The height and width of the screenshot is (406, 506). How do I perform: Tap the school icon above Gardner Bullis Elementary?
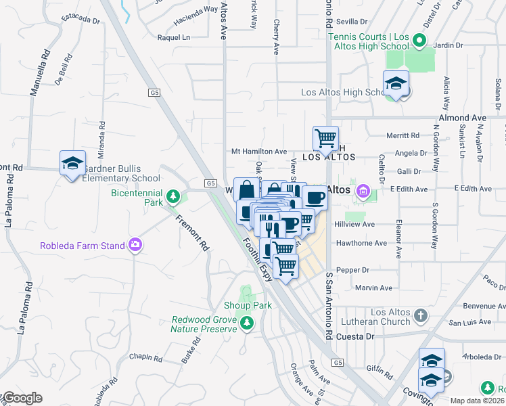[x=72, y=163]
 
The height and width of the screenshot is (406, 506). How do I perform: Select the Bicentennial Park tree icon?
[x=174, y=197]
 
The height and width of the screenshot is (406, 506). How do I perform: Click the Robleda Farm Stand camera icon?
[x=135, y=244]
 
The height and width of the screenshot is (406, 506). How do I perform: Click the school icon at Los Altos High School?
[x=396, y=84]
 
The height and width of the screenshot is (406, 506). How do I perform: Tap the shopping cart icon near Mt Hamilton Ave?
[x=325, y=139]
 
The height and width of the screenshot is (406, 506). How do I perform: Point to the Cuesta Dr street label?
[x=369, y=336]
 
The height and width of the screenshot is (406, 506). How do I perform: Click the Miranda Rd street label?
[x=102, y=136]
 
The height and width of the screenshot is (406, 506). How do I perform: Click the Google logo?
[x=22, y=398]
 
